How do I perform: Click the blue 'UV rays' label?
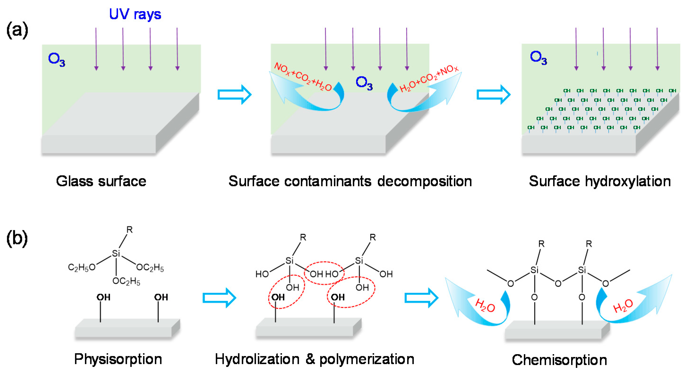tap(135, 14)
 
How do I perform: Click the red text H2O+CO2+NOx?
tap(428, 78)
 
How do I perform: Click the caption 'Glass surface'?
tap(101, 181)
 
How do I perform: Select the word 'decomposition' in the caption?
tap(424, 181)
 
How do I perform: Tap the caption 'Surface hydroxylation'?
tap(600, 181)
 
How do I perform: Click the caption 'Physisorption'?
tap(118, 359)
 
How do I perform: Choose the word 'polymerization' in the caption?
tap(367, 359)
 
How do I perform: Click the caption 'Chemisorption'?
tap(559, 360)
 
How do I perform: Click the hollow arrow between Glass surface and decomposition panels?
tap(234, 94)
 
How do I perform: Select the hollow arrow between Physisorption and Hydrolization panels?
tap(219, 298)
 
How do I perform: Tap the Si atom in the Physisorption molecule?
tap(116, 253)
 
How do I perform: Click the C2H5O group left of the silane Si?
tap(81, 267)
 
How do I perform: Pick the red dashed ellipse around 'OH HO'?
tap(324, 273)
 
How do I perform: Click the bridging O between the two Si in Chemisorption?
tap(558, 284)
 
